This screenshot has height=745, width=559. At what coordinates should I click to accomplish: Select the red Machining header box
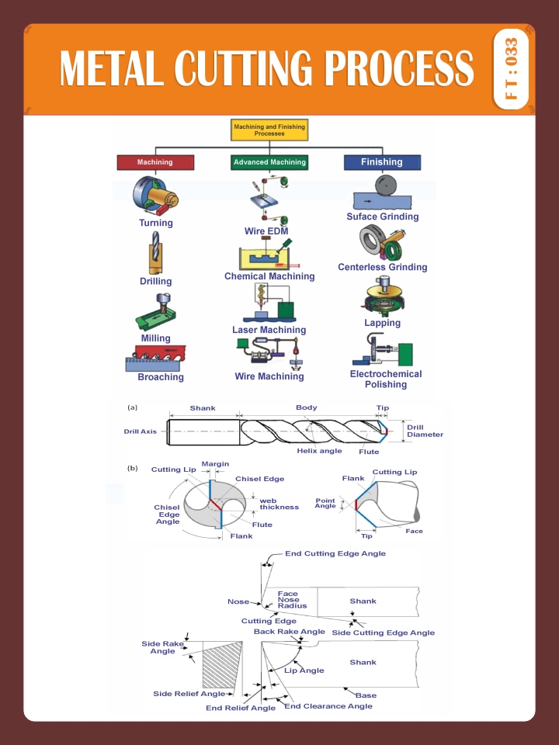[x=155, y=162]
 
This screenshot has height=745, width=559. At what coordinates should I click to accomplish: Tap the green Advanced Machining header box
[x=269, y=162]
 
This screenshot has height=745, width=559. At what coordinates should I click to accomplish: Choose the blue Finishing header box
[x=381, y=162]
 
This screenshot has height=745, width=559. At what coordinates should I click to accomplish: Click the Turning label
[x=156, y=223]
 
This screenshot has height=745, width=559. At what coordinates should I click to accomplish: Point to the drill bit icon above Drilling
[x=155, y=257]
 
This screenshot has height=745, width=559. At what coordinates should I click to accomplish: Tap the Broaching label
[x=161, y=377]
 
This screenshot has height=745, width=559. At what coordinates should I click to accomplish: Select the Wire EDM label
[x=266, y=231]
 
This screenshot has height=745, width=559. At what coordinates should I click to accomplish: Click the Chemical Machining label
[x=269, y=276]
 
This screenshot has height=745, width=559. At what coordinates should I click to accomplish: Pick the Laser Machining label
[x=269, y=330]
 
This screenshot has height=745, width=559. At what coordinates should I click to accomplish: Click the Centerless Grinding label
[x=382, y=267]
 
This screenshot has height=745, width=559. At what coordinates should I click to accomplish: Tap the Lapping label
[x=382, y=323]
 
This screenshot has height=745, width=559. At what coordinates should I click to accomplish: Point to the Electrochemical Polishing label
[x=386, y=379]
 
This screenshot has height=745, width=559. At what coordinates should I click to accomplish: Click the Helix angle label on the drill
[x=319, y=451]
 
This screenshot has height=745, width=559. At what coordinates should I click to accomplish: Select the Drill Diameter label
[x=425, y=431]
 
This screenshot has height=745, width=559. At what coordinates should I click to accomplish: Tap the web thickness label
[x=279, y=504]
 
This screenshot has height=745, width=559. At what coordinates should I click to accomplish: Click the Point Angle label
[x=325, y=503]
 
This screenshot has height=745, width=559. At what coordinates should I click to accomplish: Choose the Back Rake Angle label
[x=290, y=632]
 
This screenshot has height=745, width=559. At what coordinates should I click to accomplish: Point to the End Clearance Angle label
[x=328, y=706]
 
